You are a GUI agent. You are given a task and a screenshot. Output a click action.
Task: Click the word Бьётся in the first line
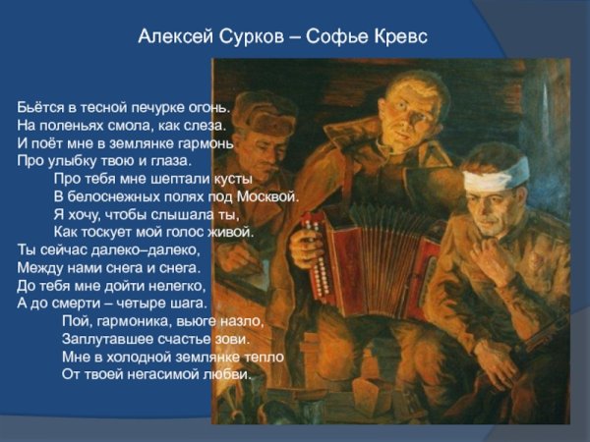(x=40, y=106)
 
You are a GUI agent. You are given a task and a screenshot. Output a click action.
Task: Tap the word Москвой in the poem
(x=270, y=196)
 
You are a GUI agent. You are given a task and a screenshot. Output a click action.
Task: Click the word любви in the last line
(x=230, y=374)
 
